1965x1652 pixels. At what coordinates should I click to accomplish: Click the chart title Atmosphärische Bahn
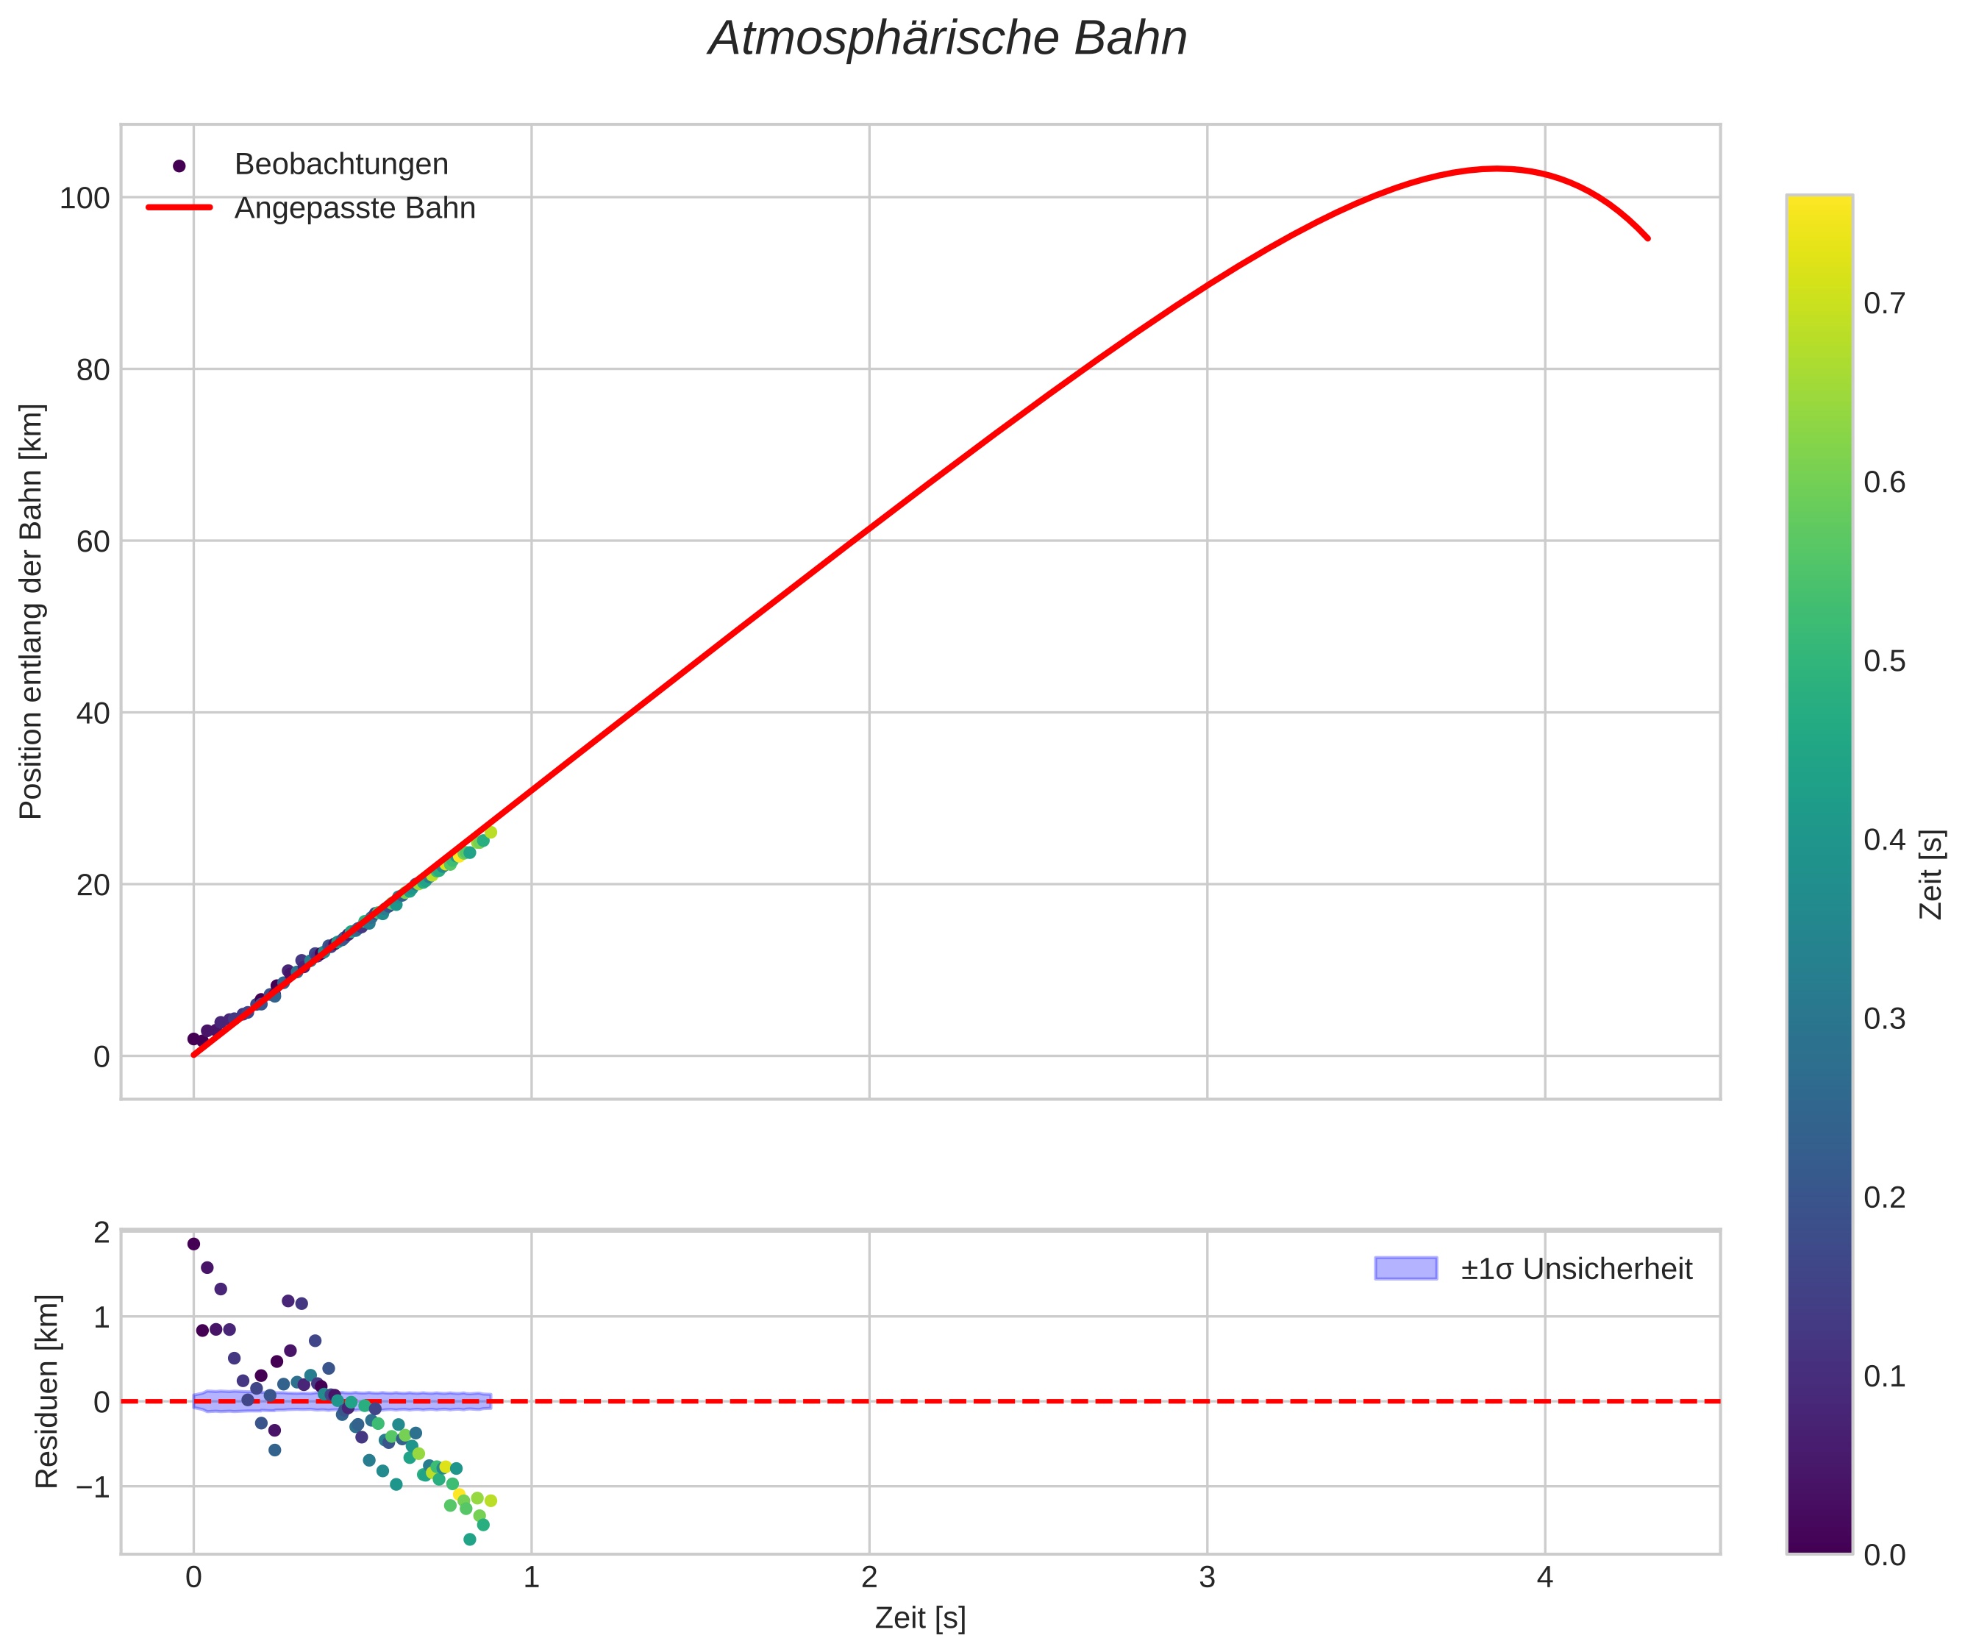point(946,39)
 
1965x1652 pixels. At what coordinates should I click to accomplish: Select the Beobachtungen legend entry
point(340,165)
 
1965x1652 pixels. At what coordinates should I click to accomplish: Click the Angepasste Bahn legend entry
point(354,208)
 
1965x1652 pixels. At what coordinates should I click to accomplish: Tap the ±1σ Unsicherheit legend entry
point(1575,1269)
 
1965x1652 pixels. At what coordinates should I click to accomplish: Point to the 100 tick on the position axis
point(85,198)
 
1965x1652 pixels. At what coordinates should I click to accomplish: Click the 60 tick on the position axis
point(92,541)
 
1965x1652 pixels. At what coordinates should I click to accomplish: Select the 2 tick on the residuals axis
point(101,1233)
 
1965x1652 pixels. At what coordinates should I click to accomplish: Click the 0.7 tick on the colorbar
point(1883,304)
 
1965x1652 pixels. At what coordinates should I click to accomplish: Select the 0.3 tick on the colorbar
point(1883,1019)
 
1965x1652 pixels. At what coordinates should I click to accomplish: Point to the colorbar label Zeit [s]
point(1930,875)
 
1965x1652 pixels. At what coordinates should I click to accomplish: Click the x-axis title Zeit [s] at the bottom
point(919,1618)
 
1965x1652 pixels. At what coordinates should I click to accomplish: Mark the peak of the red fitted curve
point(1496,168)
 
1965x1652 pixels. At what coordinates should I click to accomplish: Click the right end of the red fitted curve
point(1647,238)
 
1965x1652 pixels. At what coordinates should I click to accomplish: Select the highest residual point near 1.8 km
point(194,1244)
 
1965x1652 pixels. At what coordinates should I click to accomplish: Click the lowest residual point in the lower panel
point(470,1539)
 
